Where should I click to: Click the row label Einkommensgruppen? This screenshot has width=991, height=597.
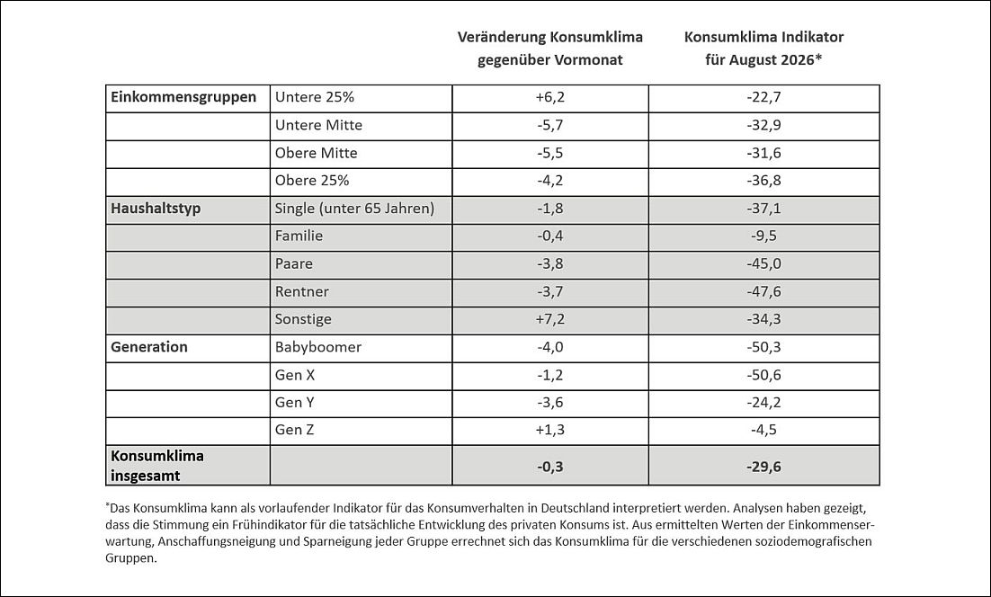(183, 97)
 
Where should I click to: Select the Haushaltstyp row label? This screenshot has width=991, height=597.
(156, 209)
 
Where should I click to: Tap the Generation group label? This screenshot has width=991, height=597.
(149, 347)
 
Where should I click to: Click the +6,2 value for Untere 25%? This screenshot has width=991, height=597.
(549, 97)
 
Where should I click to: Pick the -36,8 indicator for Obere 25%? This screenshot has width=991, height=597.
(763, 181)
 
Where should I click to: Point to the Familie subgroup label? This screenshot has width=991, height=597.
(299, 236)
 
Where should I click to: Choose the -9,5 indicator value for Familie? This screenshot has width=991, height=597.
(763, 236)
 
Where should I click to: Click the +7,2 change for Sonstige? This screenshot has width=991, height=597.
(549, 319)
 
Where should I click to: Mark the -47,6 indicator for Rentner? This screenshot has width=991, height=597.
(763, 291)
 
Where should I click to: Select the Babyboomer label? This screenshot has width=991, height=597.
(318, 347)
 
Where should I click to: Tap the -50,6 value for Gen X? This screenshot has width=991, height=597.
(763, 375)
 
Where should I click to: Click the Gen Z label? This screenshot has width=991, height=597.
(295, 430)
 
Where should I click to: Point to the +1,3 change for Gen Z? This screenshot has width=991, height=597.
(549, 430)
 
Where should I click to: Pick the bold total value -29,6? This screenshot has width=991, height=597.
(763, 467)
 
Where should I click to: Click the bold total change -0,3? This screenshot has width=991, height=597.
(549, 467)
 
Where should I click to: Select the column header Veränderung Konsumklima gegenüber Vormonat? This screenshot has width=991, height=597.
(549, 48)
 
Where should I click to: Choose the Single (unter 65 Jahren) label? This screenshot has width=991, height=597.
(354, 209)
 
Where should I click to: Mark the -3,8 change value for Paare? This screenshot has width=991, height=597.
(549, 263)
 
